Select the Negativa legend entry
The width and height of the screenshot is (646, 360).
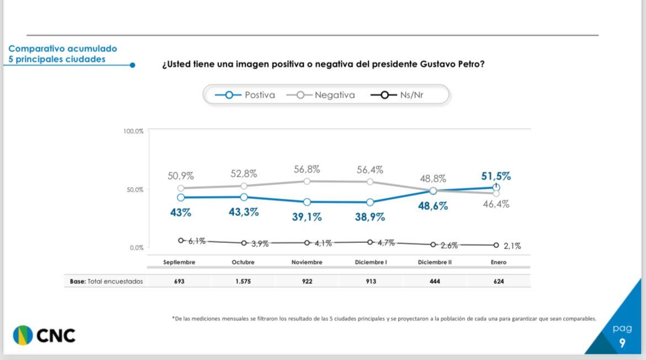[321, 95]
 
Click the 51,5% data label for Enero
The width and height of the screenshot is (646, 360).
[496, 176]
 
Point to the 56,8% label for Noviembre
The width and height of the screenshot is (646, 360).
[307, 170]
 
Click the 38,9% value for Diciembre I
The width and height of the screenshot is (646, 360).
[370, 217]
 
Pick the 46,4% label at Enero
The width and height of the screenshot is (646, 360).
[496, 204]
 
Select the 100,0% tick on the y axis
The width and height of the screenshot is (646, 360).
[133, 131]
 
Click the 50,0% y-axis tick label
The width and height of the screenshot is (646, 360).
[135, 189]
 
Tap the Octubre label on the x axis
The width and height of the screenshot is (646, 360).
[243, 262]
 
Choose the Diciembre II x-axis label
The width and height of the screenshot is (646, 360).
[435, 262]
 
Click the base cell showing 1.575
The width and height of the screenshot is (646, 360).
[243, 282]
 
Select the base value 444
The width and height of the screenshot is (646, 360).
[435, 282]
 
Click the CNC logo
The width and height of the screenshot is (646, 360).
[44, 335]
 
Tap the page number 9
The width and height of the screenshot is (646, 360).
[622, 343]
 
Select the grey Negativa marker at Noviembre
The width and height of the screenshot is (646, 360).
[307, 181]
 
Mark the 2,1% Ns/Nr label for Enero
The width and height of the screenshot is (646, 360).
[512, 246]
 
